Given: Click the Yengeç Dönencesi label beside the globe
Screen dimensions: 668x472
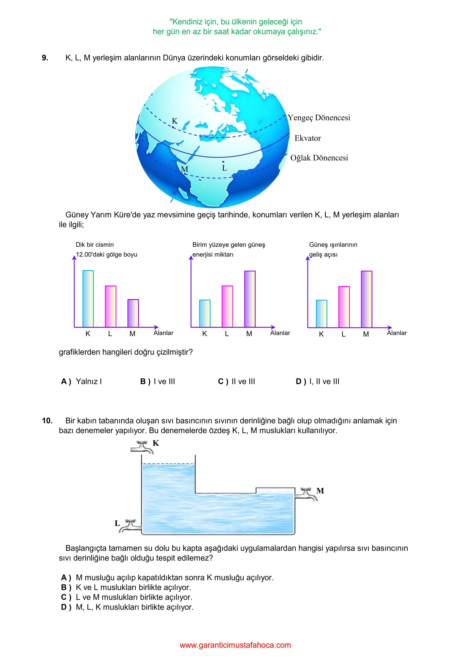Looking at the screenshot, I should [x=319, y=118].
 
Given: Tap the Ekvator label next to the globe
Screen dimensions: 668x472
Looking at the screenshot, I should [x=307, y=138].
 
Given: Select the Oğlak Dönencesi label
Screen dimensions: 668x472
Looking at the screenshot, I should [x=319, y=158].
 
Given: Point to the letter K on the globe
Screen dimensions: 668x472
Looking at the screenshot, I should [x=175, y=121].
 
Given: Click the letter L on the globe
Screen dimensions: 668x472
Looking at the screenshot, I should [x=224, y=168].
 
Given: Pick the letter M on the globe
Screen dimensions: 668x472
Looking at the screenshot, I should [x=184, y=169].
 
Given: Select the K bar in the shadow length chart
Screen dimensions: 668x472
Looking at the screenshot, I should [x=88, y=299].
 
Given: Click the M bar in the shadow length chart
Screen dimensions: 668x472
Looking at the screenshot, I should [x=133, y=313].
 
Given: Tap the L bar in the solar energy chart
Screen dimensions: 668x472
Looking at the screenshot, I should [x=227, y=306].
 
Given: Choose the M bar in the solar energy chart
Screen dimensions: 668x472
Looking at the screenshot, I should [x=250, y=299].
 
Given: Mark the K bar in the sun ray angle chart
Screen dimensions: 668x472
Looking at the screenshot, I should [x=321, y=314].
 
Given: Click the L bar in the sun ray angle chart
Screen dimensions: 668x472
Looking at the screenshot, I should [x=344, y=307].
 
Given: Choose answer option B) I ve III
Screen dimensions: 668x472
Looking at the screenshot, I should [x=158, y=382].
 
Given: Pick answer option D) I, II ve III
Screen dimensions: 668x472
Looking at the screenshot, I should [x=317, y=382].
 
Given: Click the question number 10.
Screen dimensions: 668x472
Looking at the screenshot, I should [x=47, y=421].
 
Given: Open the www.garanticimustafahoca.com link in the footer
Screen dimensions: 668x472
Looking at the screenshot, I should [x=235, y=645].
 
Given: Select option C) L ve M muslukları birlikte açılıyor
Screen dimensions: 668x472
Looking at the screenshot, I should [x=127, y=597].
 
